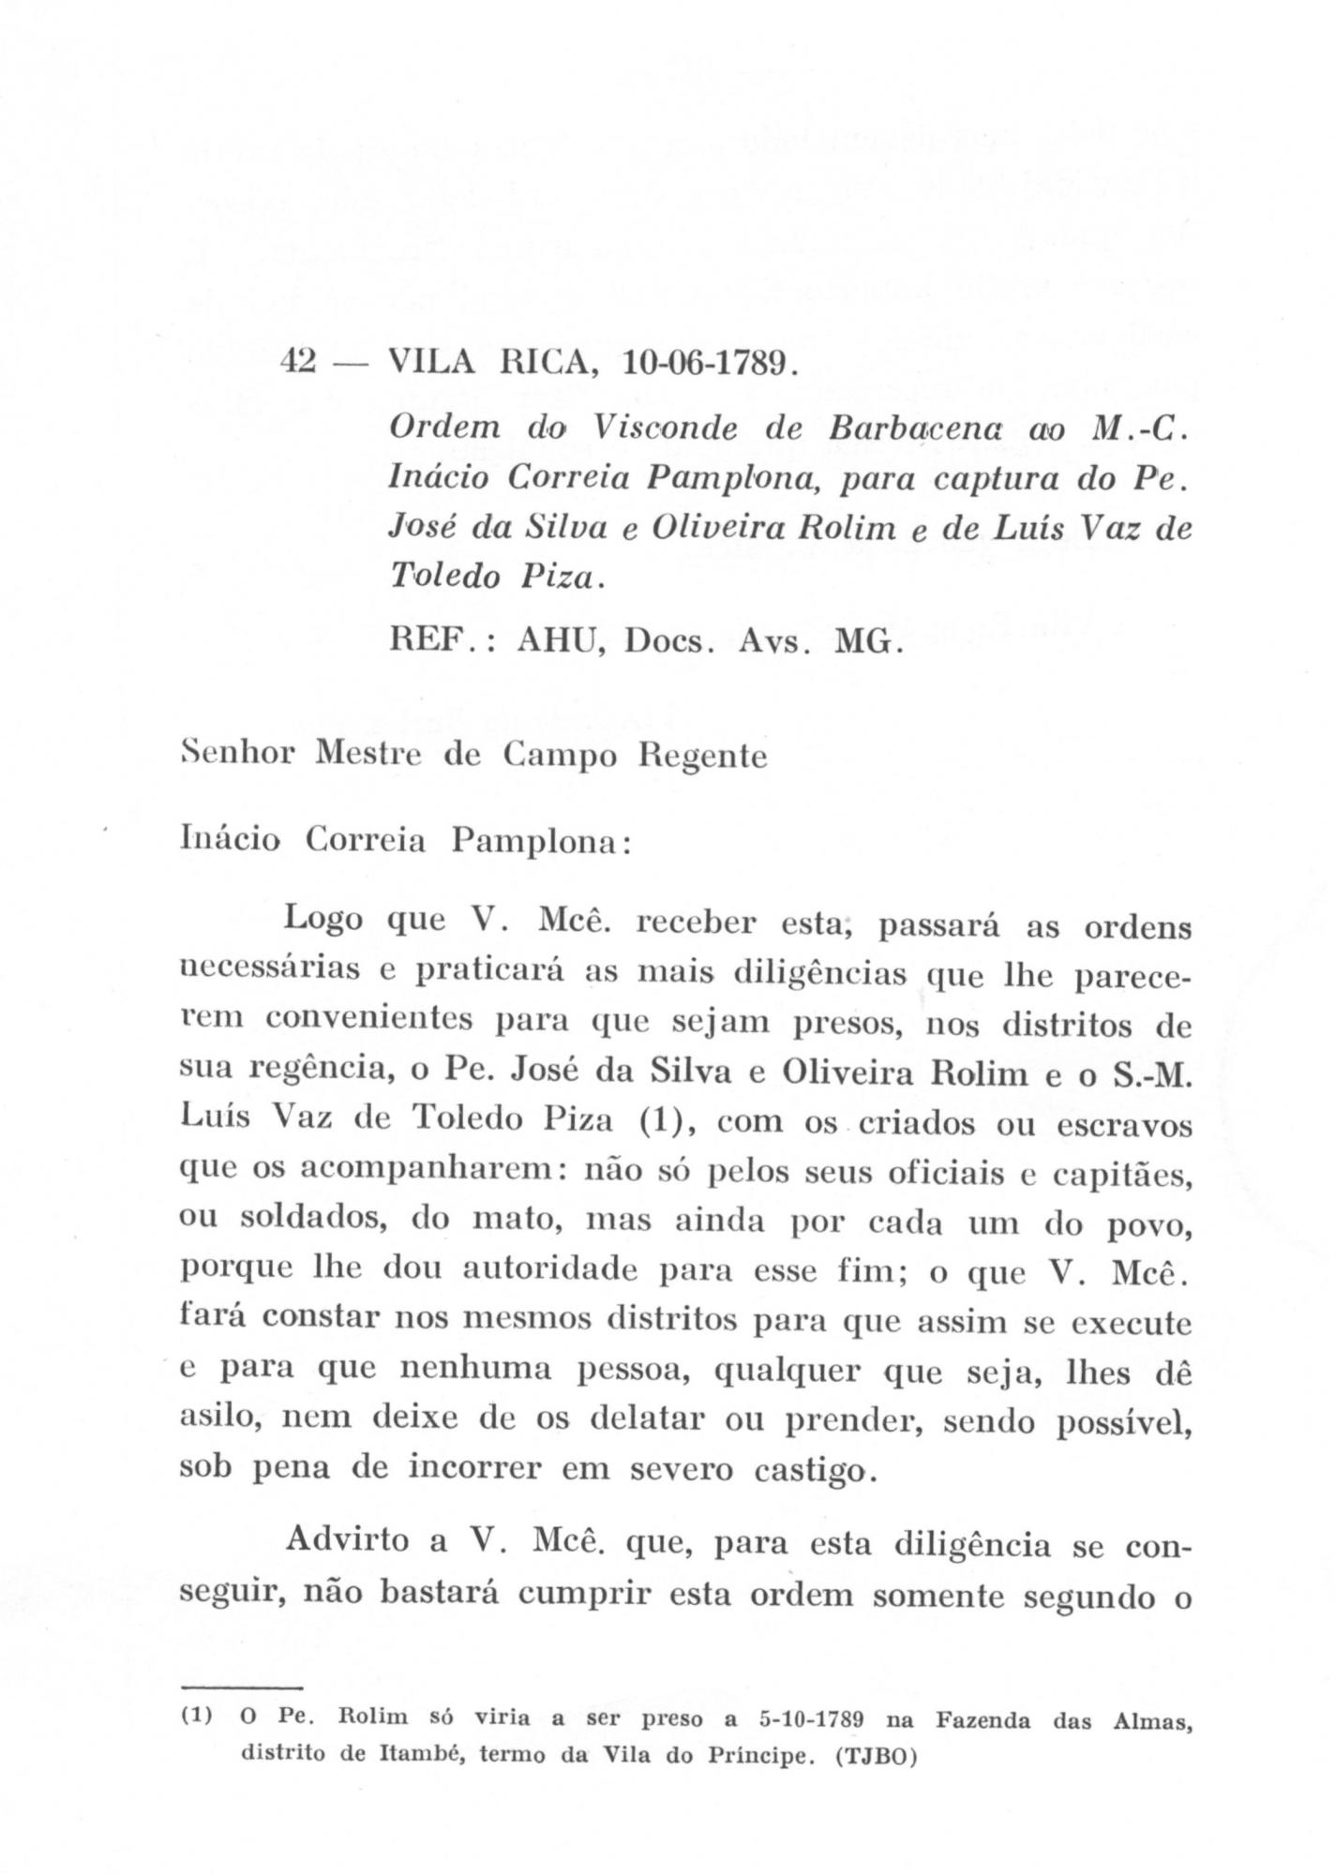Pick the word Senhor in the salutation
[240, 754]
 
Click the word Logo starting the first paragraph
[322, 918]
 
